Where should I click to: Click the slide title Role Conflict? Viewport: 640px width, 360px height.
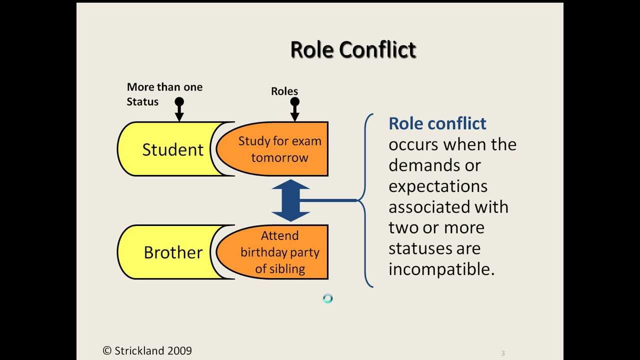353,49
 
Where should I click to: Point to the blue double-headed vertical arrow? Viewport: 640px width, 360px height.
290,200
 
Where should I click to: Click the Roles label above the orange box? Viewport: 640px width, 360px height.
284,91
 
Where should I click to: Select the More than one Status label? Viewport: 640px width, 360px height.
164,94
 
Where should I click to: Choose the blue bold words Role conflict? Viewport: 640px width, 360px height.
437,123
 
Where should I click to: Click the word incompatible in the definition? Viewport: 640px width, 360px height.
441,269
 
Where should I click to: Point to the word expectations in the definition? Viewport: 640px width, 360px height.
438,186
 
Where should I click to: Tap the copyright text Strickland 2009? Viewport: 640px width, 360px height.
147,350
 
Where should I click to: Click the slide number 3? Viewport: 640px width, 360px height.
503,353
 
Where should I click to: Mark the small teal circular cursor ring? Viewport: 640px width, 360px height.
327,298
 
